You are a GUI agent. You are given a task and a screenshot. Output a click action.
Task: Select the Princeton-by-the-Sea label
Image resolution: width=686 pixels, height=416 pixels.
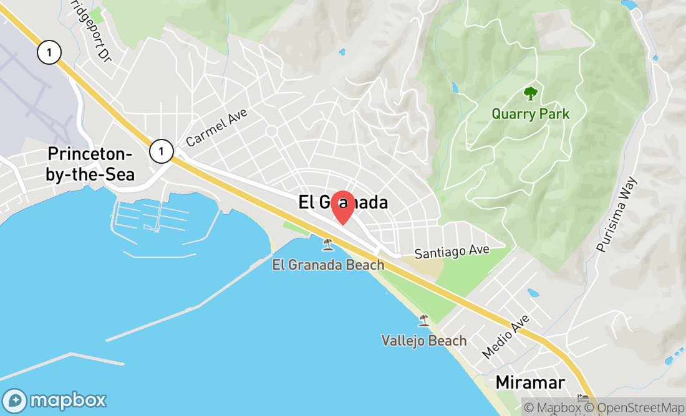click(x=91, y=164)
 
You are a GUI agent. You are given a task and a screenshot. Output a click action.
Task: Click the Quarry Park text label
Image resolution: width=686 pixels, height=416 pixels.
click(x=530, y=114)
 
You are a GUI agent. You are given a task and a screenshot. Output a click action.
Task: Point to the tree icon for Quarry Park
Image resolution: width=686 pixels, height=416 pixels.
click(x=530, y=94)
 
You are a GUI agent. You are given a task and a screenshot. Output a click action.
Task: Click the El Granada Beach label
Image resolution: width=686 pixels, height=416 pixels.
click(x=328, y=265)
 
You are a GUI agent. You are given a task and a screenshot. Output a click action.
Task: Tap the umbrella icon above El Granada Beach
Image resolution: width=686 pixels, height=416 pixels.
click(x=327, y=245)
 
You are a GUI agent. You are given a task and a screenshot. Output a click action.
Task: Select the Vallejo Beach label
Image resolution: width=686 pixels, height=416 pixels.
click(x=424, y=341)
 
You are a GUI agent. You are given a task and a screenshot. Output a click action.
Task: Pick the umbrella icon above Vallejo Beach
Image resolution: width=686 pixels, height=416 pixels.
click(x=424, y=321)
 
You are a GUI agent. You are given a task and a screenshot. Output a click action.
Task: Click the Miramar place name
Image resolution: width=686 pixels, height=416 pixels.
click(x=530, y=382)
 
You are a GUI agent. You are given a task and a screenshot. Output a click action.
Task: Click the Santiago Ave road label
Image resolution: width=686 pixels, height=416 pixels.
click(x=452, y=252)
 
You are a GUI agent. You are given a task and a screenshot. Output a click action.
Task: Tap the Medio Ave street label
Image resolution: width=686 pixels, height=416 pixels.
click(x=506, y=336)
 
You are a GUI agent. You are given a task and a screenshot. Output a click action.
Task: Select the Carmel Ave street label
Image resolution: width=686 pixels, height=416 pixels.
click(x=216, y=127)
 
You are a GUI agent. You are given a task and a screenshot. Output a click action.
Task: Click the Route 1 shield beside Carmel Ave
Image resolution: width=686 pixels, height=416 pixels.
click(x=161, y=151)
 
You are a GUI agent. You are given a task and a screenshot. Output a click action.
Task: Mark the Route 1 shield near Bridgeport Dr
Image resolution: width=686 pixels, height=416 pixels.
click(x=49, y=52)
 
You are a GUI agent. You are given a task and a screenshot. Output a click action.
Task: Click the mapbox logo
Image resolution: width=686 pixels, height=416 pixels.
click(x=55, y=400)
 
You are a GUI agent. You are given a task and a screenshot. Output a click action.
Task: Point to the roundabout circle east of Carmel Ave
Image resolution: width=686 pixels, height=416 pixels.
click(x=271, y=131)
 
